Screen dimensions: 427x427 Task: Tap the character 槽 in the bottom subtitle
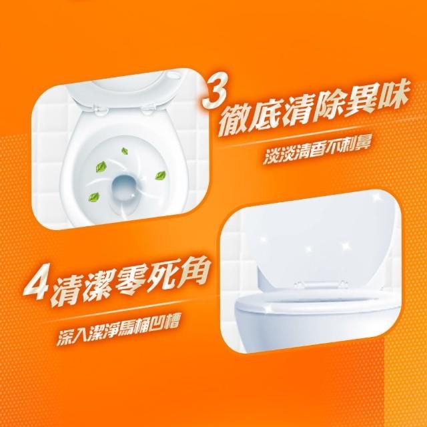(x=170, y=323)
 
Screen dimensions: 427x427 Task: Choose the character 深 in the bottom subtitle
(x=66, y=338)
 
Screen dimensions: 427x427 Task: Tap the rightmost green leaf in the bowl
(x=160, y=175)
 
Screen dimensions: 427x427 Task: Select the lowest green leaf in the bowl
(x=93, y=196)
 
